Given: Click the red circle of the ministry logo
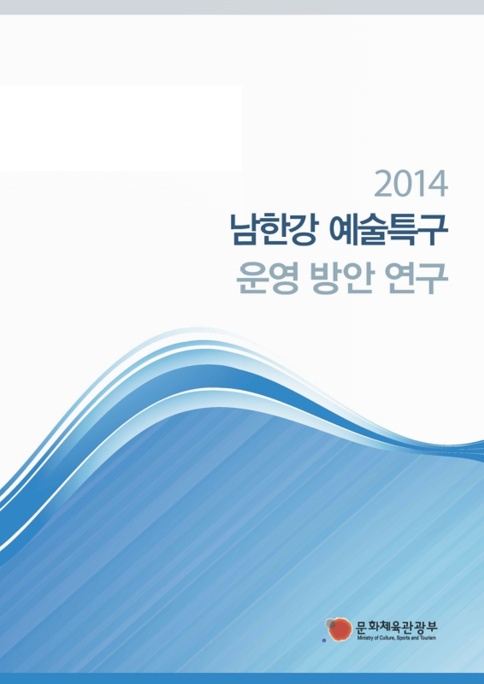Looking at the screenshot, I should coord(340,630).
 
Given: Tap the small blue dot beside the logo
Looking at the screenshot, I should coord(324,640).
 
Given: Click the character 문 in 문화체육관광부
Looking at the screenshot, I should coord(361,625).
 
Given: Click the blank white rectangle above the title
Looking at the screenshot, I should coord(120,128).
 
